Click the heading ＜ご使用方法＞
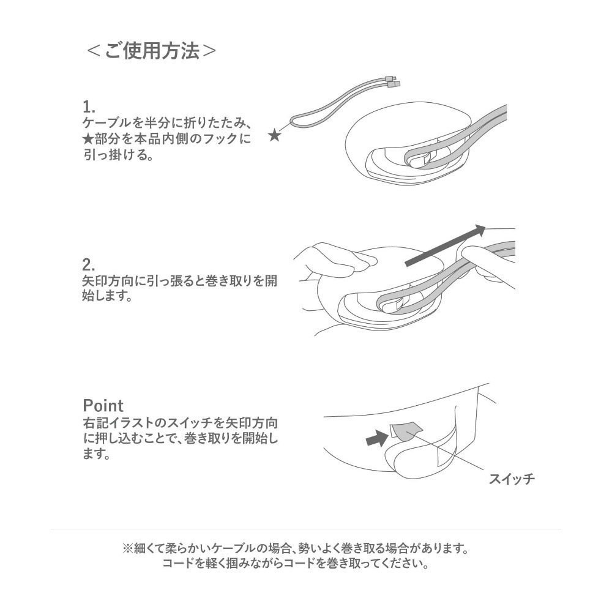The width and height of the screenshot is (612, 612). click(151, 51)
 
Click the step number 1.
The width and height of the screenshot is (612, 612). click(89, 106)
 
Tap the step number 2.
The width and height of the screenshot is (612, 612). click(89, 265)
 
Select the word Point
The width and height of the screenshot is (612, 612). click(103, 406)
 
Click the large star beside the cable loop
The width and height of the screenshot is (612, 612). click(275, 136)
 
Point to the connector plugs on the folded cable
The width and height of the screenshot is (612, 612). click(393, 81)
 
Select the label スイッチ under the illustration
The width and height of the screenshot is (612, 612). click(511, 479)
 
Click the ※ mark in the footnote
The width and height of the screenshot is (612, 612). click(128, 547)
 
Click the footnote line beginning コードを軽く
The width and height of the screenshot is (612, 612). click(295, 563)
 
